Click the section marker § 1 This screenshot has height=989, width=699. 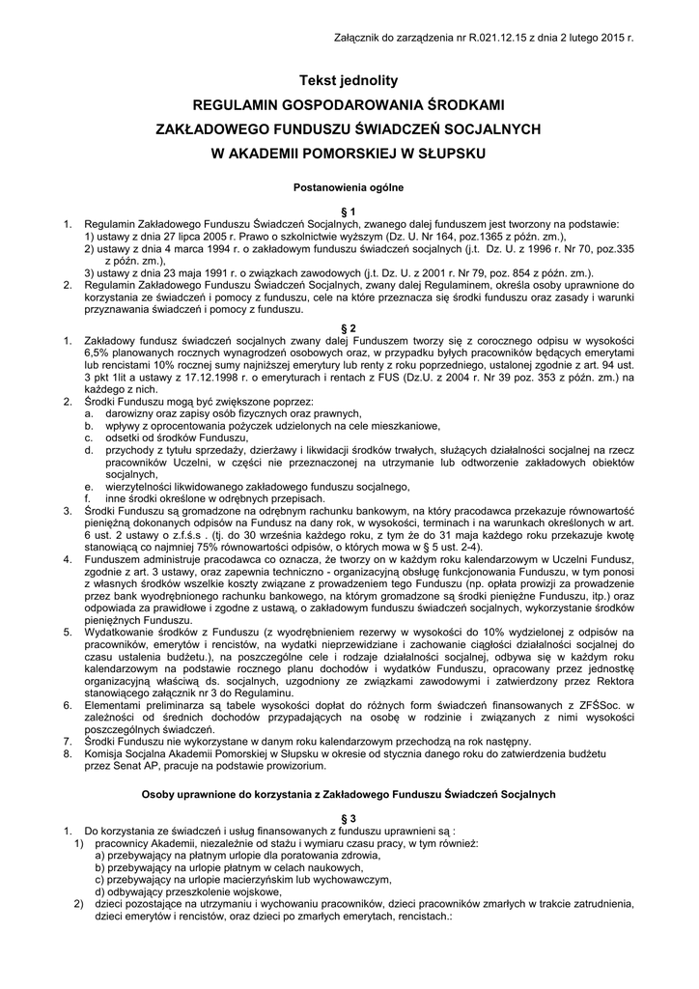[x=349, y=211]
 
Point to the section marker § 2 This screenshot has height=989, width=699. [x=349, y=329]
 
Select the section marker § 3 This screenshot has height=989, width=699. [x=349, y=818]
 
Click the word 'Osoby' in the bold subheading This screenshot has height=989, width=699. [x=158, y=794]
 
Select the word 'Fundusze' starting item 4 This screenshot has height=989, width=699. [x=117, y=557]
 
